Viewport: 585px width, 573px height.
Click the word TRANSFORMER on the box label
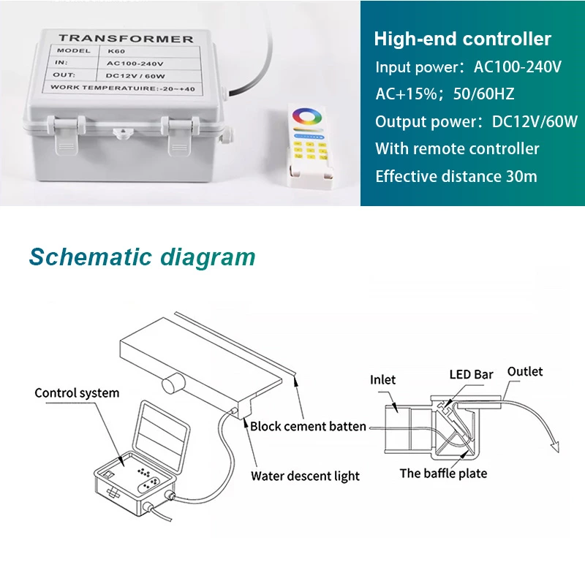pos(126,39)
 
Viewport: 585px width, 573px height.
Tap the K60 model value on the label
pos(116,51)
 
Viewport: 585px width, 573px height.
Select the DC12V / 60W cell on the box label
pos(135,76)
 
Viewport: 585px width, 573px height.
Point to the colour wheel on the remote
pos(306,117)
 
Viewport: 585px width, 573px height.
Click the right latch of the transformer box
pos(180,135)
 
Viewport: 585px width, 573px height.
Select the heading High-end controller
pos(463,39)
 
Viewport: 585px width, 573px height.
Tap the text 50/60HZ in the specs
pos(483,94)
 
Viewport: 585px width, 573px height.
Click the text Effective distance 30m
pos(456,176)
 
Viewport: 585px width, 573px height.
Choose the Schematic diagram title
pos(142,257)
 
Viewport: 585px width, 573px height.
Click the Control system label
pos(77,393)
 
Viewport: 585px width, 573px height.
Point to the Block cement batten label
pos(308,427)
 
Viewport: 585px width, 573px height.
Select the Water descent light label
pos(305,476)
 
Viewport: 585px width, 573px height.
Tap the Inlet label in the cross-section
pos(382,380)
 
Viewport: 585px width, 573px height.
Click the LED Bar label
pos(471,374)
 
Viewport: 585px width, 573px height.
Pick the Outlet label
pos(525,372)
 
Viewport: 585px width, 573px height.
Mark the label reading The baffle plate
pos(444,474)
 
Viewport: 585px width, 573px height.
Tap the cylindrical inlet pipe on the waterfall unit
pos(173,384)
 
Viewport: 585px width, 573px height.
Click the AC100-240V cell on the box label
pos(135,64)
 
